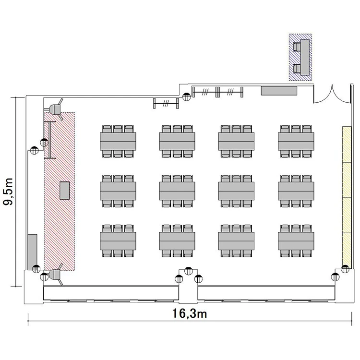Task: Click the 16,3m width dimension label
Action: tap(190, 313)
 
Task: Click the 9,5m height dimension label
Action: tap(8, 192)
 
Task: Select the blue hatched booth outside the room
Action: tap(300, 57)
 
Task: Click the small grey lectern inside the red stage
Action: tap(64, 191)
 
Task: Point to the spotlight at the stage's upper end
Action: tap(56, 109)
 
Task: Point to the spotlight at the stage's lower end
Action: tap(56, 275)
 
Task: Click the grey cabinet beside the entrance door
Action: tap(279, 90)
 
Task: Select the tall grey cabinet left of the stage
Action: tap(32, 252)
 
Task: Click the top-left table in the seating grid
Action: tap(118, 142)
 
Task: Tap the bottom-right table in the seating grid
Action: tap(296, 241)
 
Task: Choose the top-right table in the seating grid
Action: tap(296, 142)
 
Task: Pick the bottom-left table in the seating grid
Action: tap(118, 241)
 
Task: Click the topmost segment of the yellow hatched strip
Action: tap(347, 144)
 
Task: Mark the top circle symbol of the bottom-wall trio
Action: tap(189, 271)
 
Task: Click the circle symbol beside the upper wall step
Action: tap(186, 96)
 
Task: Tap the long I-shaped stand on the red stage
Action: tap(50, 140)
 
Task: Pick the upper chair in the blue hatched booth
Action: tap(297, 47)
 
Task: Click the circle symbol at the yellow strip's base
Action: tap(345, 269)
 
